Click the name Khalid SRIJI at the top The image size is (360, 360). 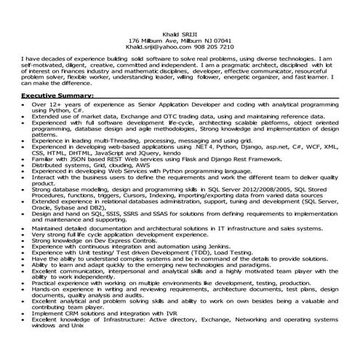tap(180, 34)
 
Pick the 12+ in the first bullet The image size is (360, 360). tap(50, 105)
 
